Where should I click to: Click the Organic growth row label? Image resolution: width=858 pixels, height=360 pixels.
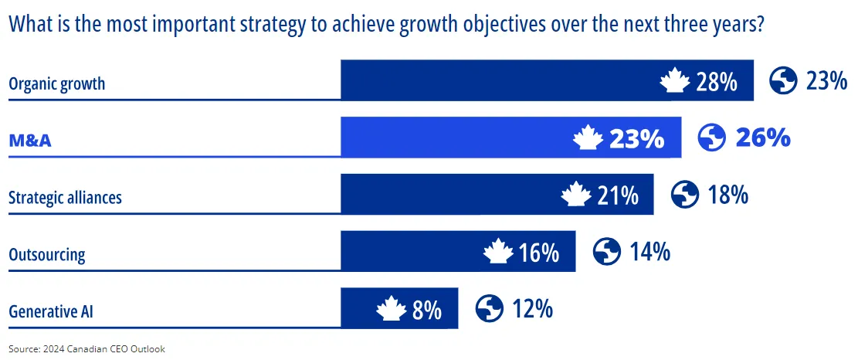pos(56,84)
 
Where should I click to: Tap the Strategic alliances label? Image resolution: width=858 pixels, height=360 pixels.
pos(65,198)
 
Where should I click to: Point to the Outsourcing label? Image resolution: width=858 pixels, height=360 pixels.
pos(46,255)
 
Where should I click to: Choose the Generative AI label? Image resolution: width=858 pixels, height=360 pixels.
pos(51,312)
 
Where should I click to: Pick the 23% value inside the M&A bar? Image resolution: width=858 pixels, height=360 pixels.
pos(636,139)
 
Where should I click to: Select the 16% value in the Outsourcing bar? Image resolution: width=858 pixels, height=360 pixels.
pos(538,253)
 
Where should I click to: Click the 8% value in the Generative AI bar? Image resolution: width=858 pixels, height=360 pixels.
pos(427,311)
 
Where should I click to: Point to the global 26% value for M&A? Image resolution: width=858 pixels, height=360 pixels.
pos(763,138)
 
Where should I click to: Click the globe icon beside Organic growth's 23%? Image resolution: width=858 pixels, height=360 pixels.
pos(783,80)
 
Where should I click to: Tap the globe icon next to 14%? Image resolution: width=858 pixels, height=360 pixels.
pos(607,252)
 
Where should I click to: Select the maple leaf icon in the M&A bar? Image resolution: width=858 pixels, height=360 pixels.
pos(588,139)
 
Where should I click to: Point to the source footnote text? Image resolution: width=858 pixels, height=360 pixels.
pos(87,349)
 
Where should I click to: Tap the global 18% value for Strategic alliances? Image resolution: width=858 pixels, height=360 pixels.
pos(727,195)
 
